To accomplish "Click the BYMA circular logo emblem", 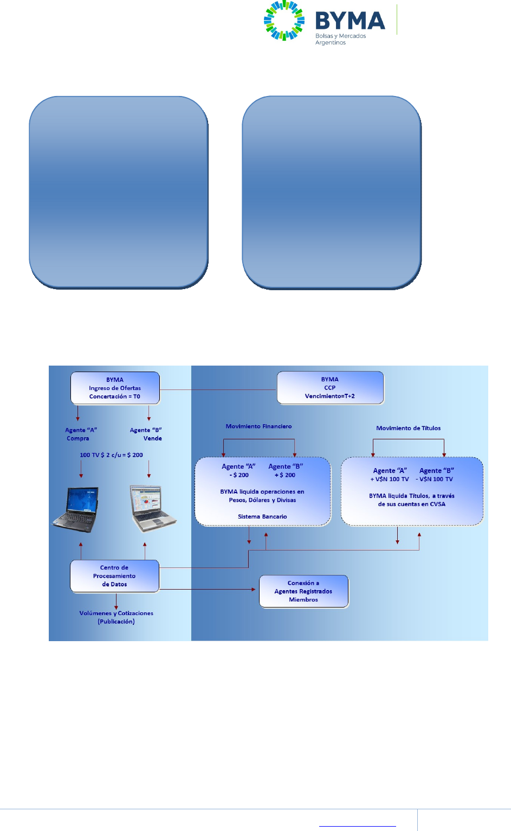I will pos(284,21).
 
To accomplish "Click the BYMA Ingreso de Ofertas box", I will pos(115,388).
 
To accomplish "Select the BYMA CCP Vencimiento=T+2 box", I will pos(330,387).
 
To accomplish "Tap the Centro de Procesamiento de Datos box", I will pos(114,576).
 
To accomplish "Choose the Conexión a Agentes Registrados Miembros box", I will pos(303,591).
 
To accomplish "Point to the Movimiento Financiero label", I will pos(258,426).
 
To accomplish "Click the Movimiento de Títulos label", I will pos(408,428).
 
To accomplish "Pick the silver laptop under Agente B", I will pos(152,508).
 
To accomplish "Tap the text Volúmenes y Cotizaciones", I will pos(116,613).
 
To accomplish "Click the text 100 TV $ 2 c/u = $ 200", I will pos(111,455).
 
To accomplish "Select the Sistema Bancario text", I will pos(262,516).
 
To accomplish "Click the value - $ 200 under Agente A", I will pos(239,475).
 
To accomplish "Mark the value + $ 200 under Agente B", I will pos(285,475).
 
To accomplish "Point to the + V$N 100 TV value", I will pos(390,479).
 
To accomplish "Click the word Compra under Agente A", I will pos(78,438).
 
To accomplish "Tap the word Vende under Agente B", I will pos(152,438).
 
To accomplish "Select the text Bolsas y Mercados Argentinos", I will pos(340,39).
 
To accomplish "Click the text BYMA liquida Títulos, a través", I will pos(411,496).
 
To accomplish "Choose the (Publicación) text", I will pos(116,622).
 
